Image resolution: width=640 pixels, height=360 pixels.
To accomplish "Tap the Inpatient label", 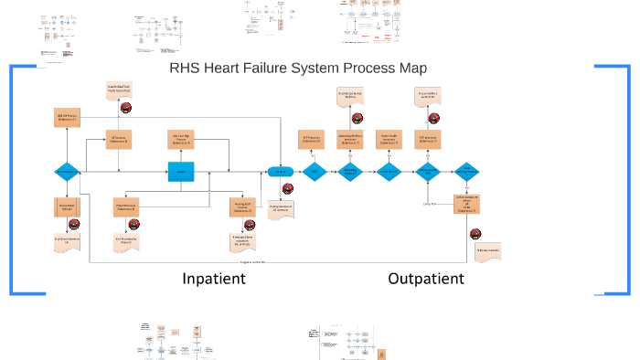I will (x=214, y=279).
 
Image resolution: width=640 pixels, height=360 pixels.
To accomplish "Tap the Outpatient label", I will (x=426, y=279).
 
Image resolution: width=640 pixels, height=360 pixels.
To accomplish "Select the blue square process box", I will (x=181, y=172).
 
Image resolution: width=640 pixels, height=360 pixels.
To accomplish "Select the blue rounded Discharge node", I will (x=280, y=172).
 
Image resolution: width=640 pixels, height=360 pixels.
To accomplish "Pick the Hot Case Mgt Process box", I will (x=181, y=140).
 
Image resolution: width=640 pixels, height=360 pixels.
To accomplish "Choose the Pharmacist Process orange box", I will (x=127, y=207).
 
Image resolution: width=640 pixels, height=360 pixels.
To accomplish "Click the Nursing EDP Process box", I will (x=242, y=207).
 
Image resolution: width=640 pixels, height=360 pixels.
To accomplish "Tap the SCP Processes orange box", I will (x=313, y=140).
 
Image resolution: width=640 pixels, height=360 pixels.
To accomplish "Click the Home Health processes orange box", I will (x=389, y=140).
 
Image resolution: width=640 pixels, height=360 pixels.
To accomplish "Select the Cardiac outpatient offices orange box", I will (x=466, y=205).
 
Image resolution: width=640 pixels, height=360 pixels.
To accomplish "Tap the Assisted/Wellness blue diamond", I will (x=351, y=172).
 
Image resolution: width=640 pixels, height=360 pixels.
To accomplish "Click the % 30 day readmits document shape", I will (x=486, y=252).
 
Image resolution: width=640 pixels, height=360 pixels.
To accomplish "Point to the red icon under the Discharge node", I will (x=288, y=189).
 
